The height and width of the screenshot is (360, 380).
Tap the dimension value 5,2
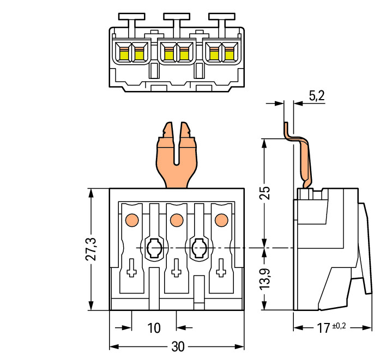316,96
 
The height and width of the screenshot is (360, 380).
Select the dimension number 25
264,193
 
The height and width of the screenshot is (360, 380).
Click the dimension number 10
154,328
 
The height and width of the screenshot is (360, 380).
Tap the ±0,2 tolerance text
339,326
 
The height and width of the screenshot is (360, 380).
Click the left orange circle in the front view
131,220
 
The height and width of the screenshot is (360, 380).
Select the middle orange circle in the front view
176,220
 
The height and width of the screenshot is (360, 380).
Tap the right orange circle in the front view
221,220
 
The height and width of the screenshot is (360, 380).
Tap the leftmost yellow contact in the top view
123,53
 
